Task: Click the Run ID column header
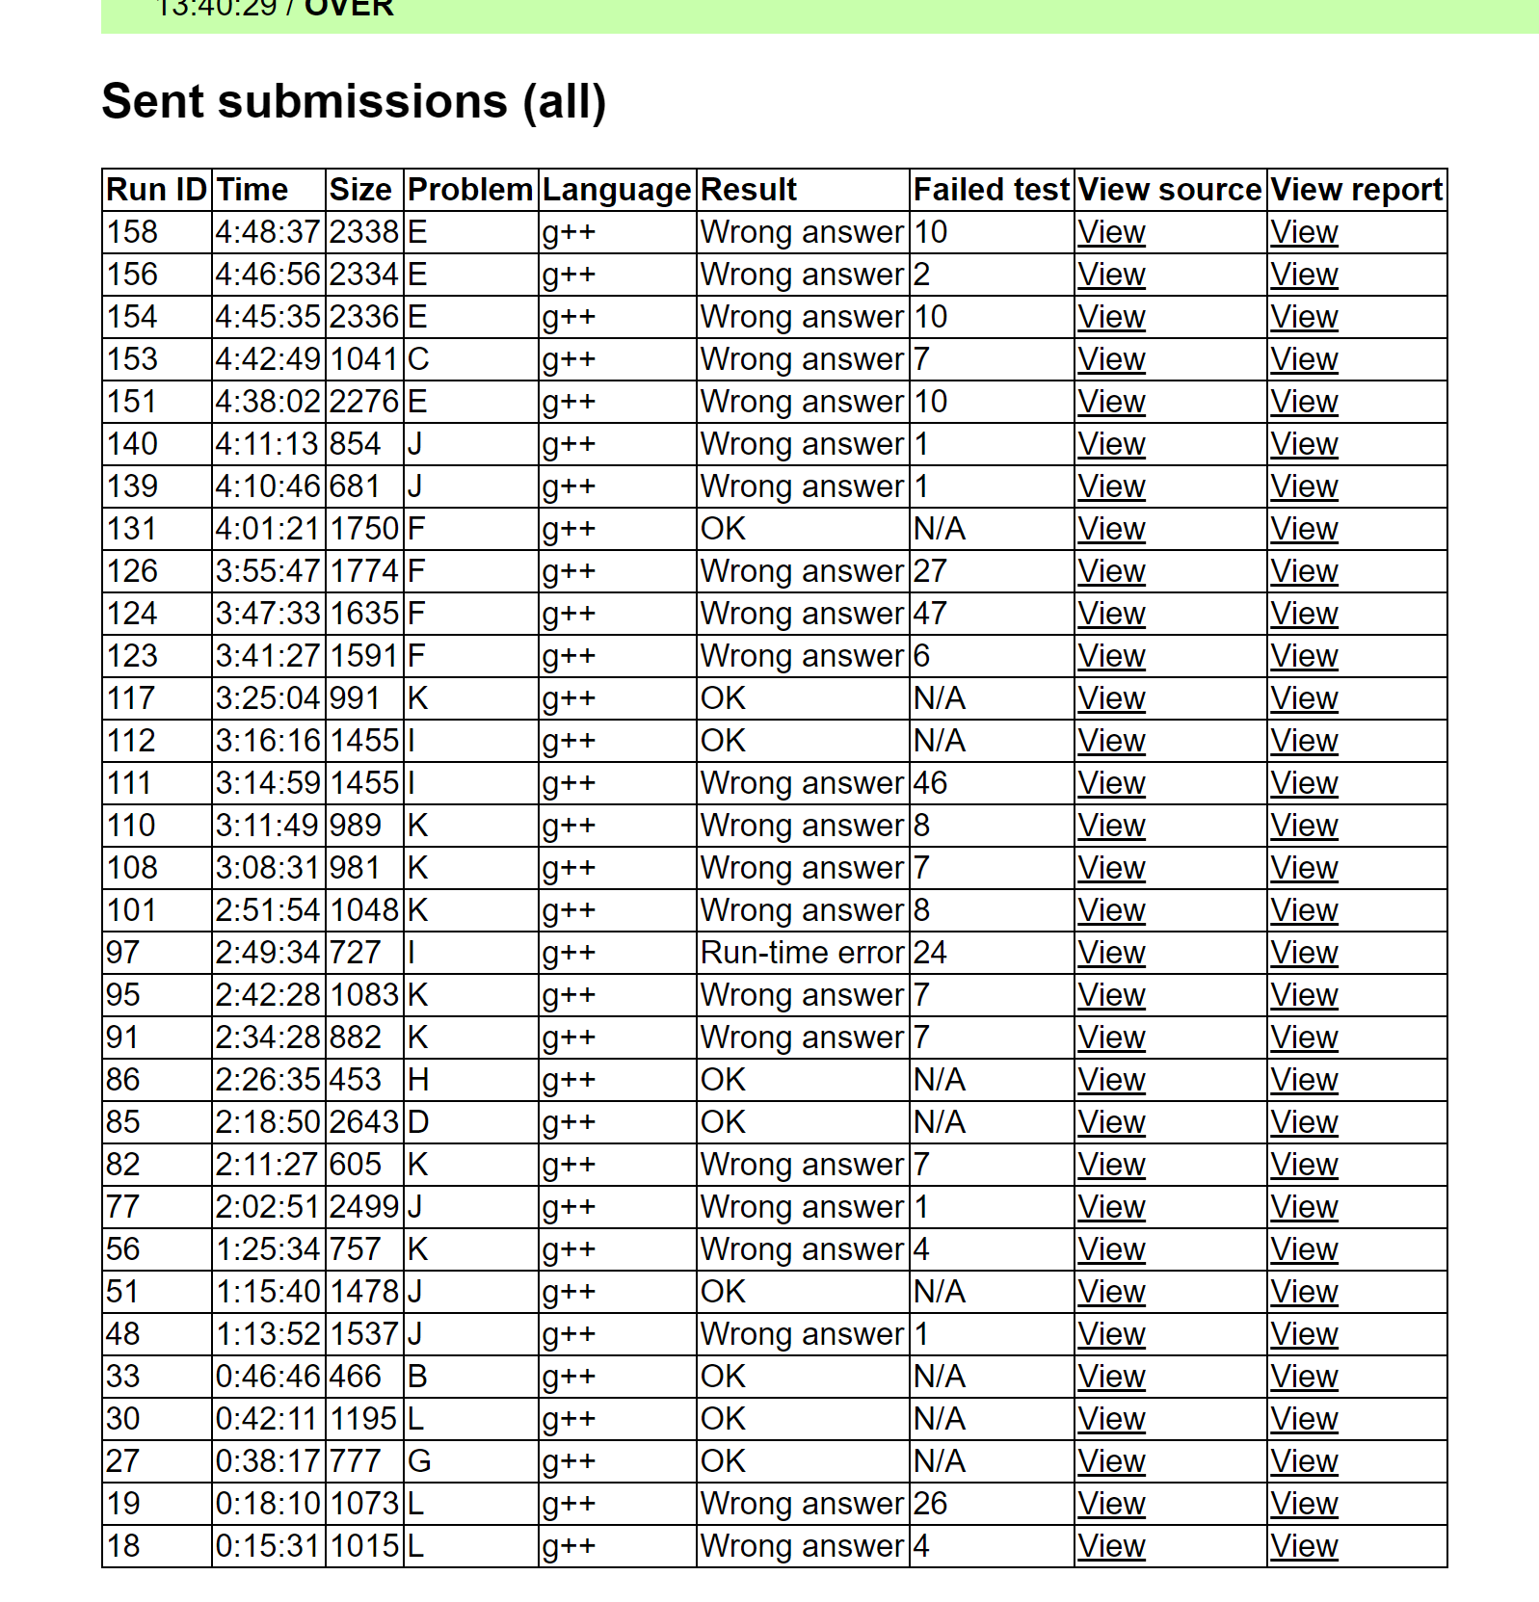tap(156, 190)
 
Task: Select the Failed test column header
tap(991, 190)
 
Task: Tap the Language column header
tap(617, 190)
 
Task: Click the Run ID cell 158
tap(132, 232)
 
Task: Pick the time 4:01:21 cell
tap(267, 529)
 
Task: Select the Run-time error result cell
tap(802, 953)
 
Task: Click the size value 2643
tap(363, 1122)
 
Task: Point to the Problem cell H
tap(418, 1080)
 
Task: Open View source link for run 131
tap(1111, 529)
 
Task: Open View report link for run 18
tap(1304, 1546)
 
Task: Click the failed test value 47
tap(930, 614)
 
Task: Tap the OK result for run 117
tap(723, 698)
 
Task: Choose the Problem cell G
tap(419, 1461)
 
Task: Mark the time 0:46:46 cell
tap(267, 1377)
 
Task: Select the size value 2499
tap(363, 1207)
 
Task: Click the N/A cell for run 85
tap(940, 1122)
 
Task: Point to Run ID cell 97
tap(123, 953)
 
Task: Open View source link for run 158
tap(1111, 232)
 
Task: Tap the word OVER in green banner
tap(349, 9)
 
